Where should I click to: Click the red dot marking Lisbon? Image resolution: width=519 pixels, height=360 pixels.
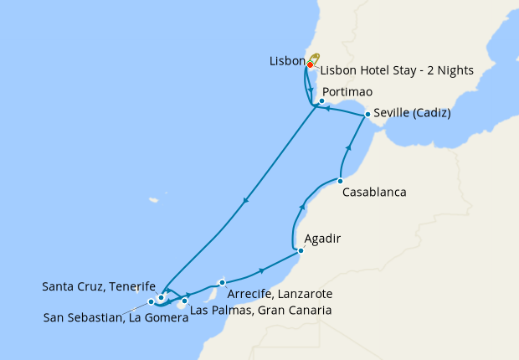tap(310, 64)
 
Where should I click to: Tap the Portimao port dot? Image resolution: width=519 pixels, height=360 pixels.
tap(321, 100)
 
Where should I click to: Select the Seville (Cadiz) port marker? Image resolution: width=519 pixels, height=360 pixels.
tap(367, 114)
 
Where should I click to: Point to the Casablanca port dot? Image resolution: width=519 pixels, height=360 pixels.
tap(340, 180)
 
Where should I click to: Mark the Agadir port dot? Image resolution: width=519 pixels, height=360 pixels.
tap(301, 250)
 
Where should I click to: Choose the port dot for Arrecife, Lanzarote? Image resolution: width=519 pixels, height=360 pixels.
tap(222, 282)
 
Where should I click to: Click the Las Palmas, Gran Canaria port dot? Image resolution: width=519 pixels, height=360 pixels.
tap(185, 300)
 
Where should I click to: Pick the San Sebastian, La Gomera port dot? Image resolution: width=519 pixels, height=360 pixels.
tap(151, 301)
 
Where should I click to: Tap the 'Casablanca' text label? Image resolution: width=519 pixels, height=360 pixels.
tap(374, 192)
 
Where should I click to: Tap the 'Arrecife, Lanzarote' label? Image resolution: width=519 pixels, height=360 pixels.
tap(280, 294)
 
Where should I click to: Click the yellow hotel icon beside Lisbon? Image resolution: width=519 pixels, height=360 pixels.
tap(316, 59)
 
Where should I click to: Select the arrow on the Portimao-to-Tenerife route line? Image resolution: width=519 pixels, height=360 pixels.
tap(245, 200)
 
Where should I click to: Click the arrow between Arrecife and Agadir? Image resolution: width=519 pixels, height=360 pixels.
tap(263, 270)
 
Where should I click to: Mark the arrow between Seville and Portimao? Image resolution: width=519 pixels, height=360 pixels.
tap(329, 107)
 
